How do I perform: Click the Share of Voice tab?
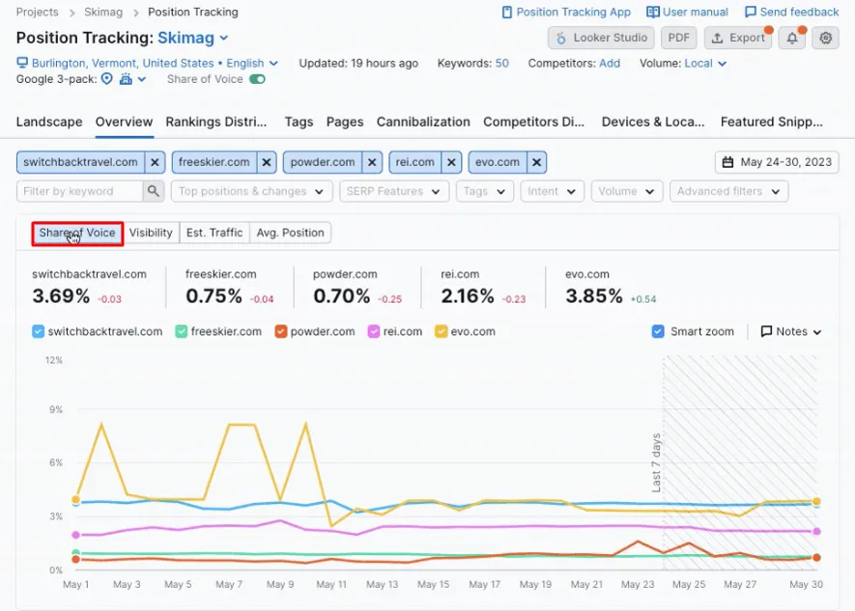click(77, 233)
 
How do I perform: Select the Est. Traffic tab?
click(214, 233)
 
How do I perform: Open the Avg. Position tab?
click(290, 233)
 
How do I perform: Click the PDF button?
click(678, 38)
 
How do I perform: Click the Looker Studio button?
click(599, 38)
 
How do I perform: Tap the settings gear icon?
click(824, 38)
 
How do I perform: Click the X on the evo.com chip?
click(537, 162)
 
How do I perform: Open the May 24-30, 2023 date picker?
click(777, 162)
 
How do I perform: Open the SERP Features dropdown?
click(394, 191)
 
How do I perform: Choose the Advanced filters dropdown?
click(727, 191)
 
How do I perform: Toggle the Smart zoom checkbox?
click(659, 331)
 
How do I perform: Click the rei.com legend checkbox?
click(374, 331)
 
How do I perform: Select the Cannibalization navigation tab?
click(423, 122)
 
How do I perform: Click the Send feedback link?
click(791, 13)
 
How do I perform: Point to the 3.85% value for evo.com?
click(594, 296)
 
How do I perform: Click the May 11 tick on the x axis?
click(331, 585)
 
